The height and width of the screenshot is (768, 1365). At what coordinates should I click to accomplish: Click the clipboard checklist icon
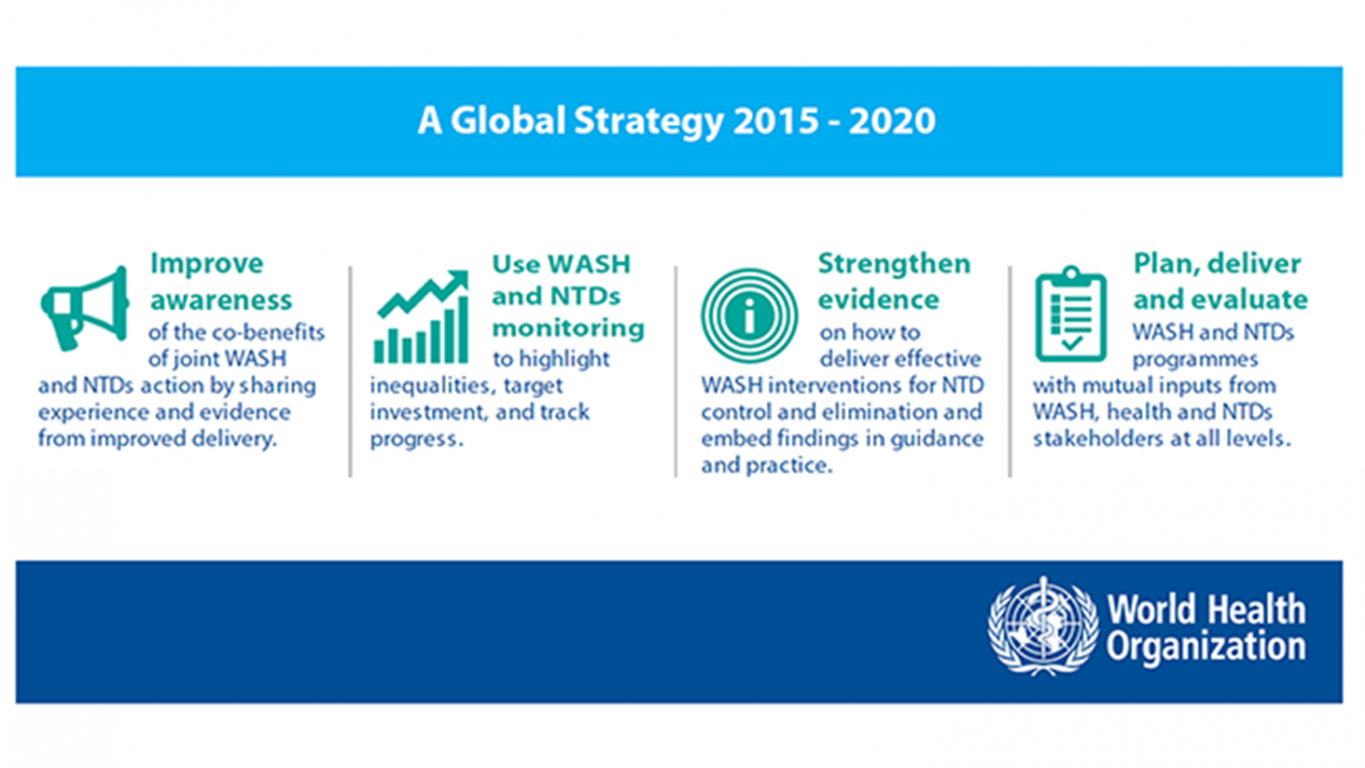1071,314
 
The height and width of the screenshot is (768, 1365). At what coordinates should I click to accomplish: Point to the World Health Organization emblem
1042,626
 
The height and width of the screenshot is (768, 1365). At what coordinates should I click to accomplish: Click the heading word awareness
220,297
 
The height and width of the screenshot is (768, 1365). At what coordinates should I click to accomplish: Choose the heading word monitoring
567,327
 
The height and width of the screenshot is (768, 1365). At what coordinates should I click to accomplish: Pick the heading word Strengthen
894,264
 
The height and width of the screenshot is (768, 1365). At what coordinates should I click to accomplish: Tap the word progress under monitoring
413,439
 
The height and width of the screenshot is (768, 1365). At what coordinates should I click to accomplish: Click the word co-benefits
267,332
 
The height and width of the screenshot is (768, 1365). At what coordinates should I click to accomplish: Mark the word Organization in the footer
1205,646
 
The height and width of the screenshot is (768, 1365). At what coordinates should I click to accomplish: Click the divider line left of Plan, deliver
1010,371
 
